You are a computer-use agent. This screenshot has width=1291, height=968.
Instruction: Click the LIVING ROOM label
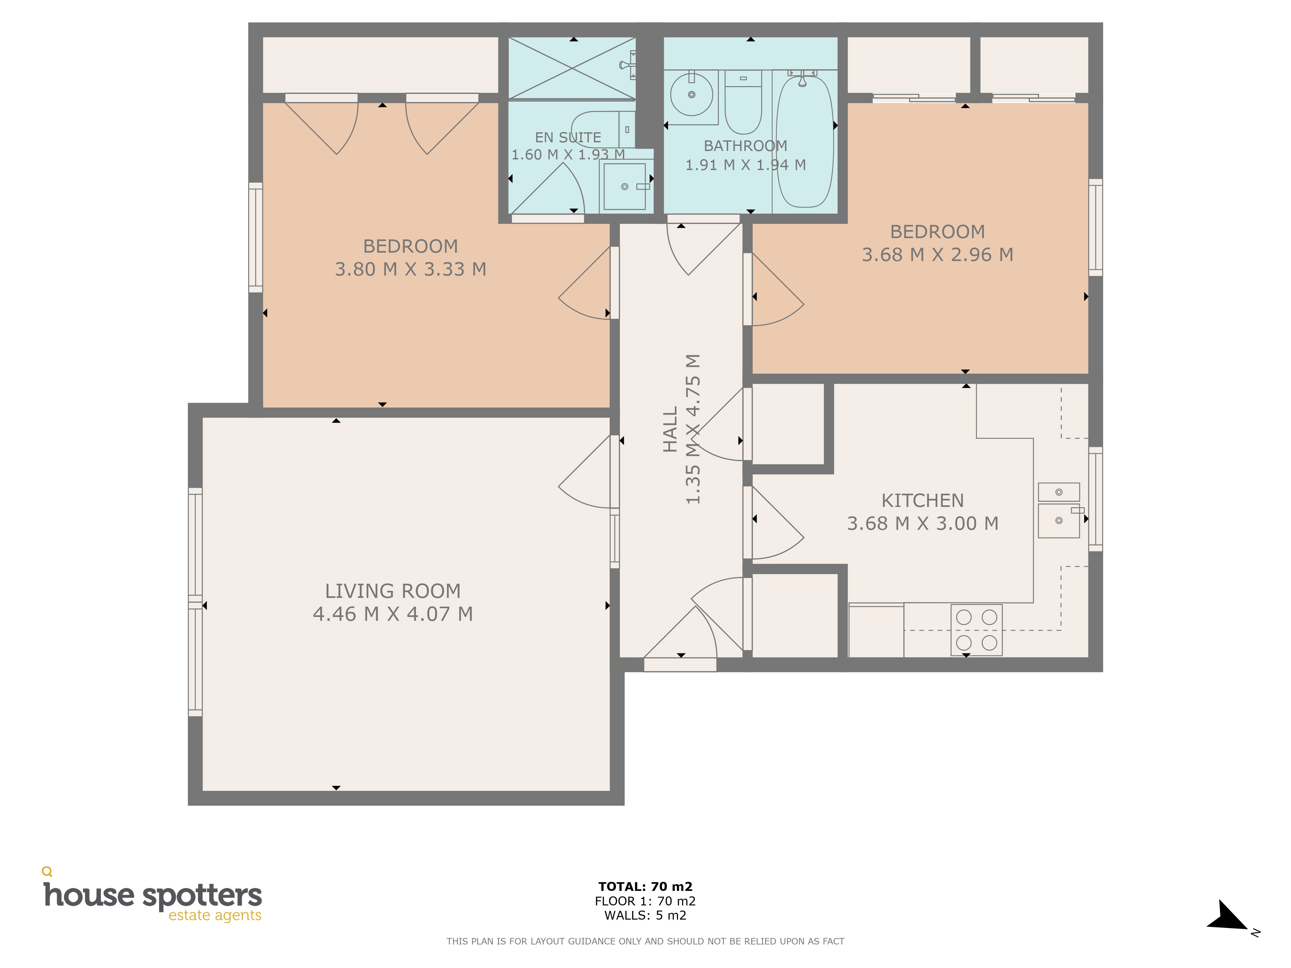[393, 591]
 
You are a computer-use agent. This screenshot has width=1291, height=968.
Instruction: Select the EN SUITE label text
[568, 138]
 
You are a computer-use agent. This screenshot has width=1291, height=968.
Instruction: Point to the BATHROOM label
[745, 146]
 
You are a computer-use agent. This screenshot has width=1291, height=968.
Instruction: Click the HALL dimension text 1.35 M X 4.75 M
[692, 429]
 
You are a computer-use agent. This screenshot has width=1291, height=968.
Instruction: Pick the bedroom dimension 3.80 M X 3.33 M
[410, 269]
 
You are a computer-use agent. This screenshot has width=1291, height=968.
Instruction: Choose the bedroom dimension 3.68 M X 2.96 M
[937, 254]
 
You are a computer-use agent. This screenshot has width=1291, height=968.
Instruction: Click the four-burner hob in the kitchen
[976, 630]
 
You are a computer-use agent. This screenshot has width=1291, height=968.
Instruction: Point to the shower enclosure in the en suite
[572, 68]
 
